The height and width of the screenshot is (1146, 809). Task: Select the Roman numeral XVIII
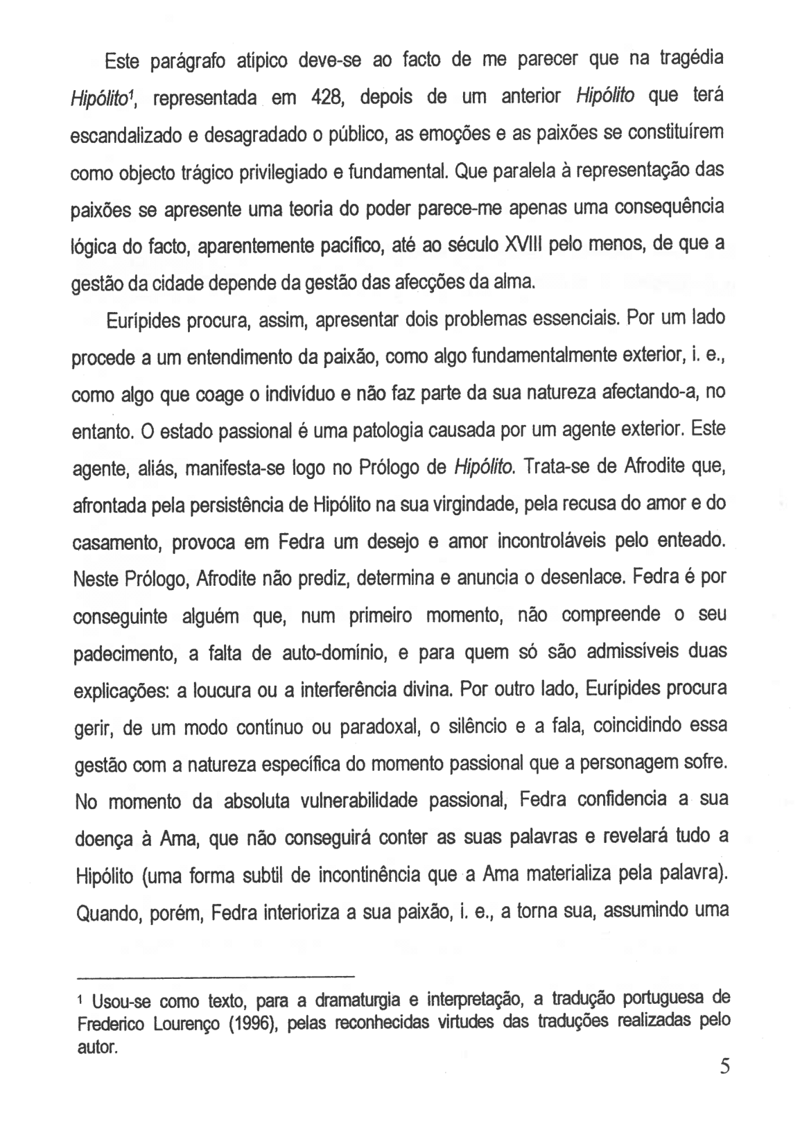(516, 245)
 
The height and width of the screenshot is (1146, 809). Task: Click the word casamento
(118, 543)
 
